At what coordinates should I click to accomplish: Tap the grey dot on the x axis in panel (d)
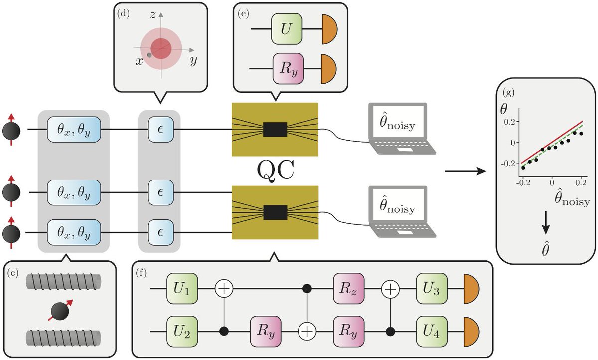pyautogui.click(x=149, y=54)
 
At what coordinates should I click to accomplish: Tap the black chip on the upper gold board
pyautogui.click(x=275, y=129)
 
